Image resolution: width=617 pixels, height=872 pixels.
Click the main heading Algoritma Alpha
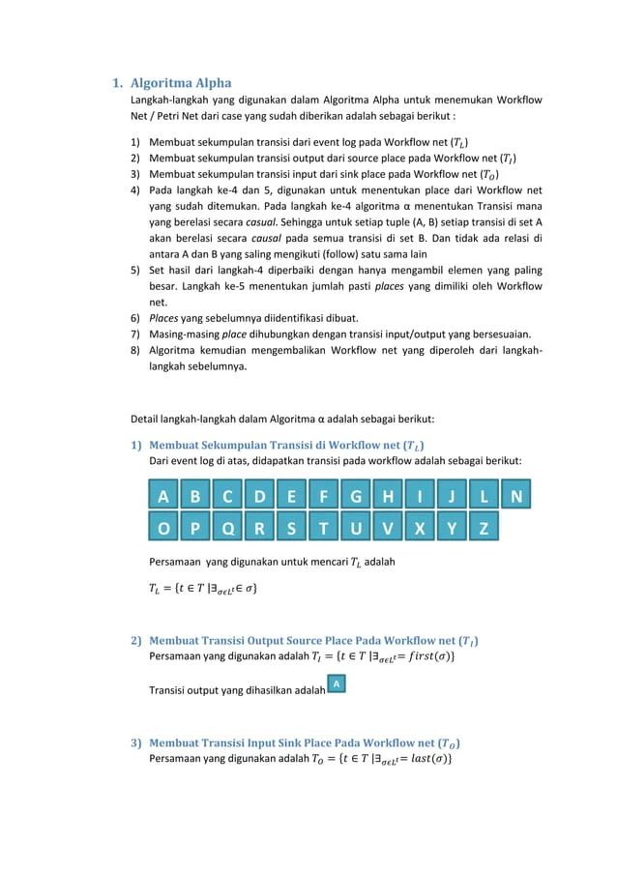point(181,81)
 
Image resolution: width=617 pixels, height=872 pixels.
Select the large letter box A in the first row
point(163,497)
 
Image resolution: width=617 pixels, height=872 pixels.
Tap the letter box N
point(517,497)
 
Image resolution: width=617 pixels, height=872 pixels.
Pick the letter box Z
point(484,528)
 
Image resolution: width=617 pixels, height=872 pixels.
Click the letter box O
point(163,528)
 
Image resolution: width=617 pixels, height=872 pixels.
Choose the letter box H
point(388,497)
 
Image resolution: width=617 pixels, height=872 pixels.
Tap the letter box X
point(420,528)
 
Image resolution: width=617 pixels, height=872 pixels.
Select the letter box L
point(485,497)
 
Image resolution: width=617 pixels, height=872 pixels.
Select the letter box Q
point(227,528)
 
